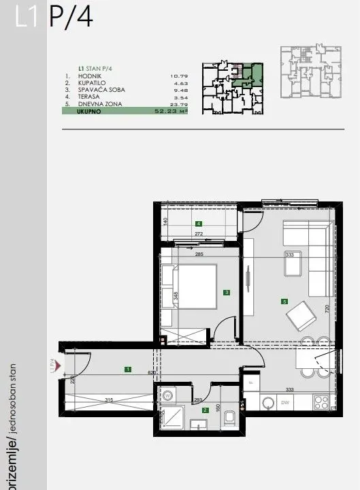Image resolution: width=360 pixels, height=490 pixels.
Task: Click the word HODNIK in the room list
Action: pos(91,76)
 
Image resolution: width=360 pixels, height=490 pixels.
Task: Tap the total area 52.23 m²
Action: pos(171,110)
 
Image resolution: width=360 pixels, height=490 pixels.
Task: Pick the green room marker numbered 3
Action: pos(226,293)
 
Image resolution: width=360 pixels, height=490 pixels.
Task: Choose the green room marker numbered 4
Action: pos(198,223)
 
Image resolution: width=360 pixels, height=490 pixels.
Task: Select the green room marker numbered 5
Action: pos(284,301)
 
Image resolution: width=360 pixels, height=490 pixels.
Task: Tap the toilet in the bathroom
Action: pos(229,415)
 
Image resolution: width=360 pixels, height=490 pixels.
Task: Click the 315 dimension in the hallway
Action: pos(108,400)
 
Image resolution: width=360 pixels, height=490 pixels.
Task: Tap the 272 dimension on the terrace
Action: pos(199,234)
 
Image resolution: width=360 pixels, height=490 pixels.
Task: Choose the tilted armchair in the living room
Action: pos(301,316)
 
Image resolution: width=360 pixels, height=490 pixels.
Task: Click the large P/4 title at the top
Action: pos(70,18)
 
